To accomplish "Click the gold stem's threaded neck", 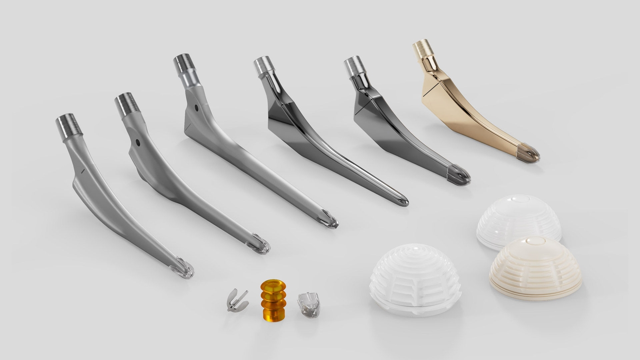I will pos(423,48).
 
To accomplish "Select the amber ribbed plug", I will pos(273,299).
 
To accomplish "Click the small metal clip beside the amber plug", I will pos(237,301).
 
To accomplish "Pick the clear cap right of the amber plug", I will pos(309,304).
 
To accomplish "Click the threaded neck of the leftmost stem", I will pos(69,127).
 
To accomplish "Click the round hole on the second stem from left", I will pos(138,143).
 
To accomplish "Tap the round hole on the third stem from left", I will pos(197,108).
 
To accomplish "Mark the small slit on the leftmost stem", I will pos(83,171).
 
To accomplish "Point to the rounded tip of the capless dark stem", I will pos(402,201).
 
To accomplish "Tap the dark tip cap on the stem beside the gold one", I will pos(459,175).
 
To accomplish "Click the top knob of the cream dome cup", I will pos(535,241).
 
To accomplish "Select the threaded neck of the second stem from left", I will pos(127,104).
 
